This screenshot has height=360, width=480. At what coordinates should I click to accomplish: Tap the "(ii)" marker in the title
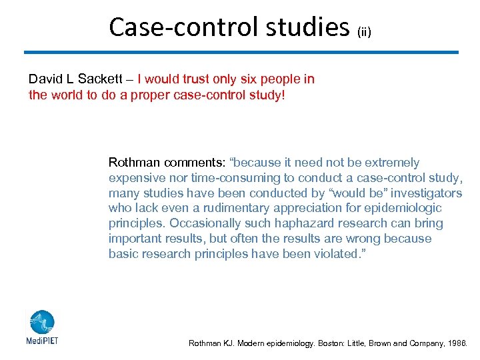[365, 31]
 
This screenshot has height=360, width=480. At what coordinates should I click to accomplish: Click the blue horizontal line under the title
[241, 52]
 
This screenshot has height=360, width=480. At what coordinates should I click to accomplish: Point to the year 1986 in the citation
[458, 344]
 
